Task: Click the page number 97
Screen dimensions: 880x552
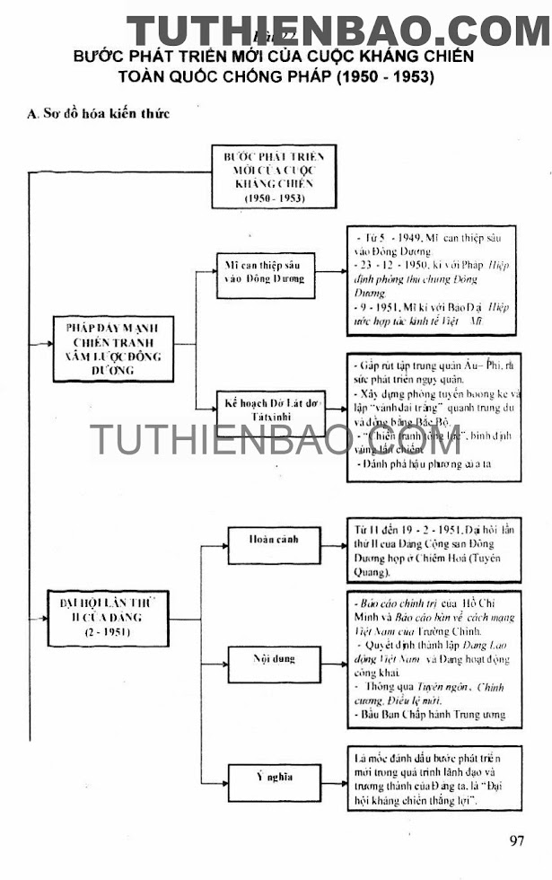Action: point(516,841)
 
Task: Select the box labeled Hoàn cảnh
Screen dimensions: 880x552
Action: point(274,541)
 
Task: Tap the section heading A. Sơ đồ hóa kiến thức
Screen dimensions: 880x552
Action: point(99,114)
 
